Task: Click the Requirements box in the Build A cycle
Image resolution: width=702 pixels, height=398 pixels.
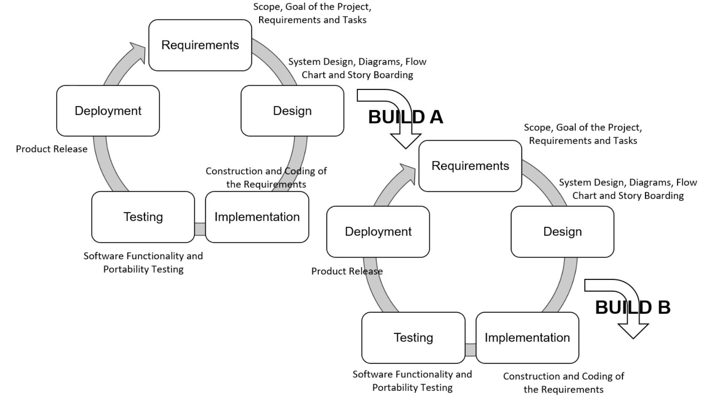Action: (x=200, y=45)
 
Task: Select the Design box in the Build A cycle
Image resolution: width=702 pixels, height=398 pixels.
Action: (x=292, y=111)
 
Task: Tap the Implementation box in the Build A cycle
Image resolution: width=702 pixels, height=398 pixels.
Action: (x=257, y=217)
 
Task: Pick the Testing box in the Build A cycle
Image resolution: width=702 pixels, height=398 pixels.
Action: (x=143, y=217)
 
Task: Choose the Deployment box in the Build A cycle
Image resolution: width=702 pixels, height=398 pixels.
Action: (x=108, y=111)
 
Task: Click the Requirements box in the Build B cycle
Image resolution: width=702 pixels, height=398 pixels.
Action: (x=470, y=166)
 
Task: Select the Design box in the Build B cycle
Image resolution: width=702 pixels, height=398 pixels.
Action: (x=562, y=232)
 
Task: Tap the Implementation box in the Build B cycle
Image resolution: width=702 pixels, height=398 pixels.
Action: (x=527, y=338)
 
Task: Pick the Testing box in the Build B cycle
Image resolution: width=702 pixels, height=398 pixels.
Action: (x=413, y=338)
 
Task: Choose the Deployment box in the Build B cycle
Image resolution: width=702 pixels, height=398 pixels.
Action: (x=378, y=232)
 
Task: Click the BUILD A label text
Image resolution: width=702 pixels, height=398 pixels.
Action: (x=406, y=117)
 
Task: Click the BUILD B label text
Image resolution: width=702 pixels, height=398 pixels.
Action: (x=632, y=308)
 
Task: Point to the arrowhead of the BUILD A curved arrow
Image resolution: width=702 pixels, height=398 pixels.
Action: (x=406, y=142)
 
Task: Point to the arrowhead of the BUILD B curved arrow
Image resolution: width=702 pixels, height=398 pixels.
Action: (x=633, y=332)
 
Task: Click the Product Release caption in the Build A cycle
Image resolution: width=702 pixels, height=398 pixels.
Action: (x=51, y=149)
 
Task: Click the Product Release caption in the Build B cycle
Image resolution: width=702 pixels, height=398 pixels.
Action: (x=347, y=271)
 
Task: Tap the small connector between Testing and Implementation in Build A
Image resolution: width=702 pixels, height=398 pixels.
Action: (x=200, y=229)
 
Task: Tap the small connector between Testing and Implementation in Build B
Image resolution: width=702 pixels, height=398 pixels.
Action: (x=470, y=350)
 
